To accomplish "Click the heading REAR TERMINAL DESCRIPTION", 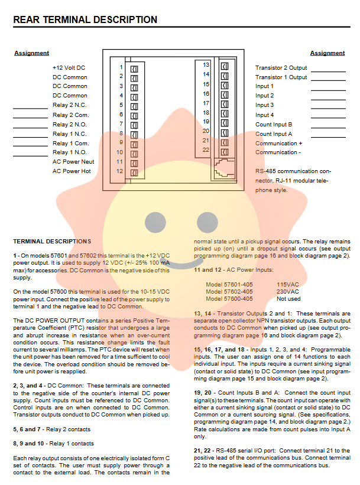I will [x=85, y=20].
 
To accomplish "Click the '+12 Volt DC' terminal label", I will [x=69, y=67].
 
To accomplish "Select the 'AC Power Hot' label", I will [x=72, y=171].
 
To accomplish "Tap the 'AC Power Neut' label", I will [x=73, y=162].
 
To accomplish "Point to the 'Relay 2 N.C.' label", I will [x=70, y=105].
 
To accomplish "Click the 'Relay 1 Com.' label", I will [x=70, y=143].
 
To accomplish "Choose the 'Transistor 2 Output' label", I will [x=281, y=67].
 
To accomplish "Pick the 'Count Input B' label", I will [x=274, y=124].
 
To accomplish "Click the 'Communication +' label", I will [x=279, y=143].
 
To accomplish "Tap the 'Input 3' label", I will [x=264, y=105].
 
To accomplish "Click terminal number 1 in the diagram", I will [x=121, y=67].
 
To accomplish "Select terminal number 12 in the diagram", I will [x=119, y=171].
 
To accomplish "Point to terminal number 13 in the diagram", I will [x=206, y=64].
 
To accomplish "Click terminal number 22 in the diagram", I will [x=206, y=150].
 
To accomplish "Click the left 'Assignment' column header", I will [x=31, y=53].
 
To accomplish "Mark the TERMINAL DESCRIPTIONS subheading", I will [x=52, y=241].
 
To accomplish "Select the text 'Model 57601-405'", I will [x=229, y=284].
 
